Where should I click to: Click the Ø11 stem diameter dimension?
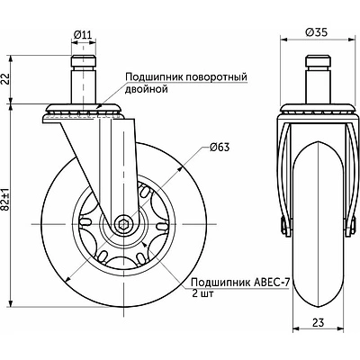(x=83, y=35)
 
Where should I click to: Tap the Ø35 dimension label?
(x=316, y=32)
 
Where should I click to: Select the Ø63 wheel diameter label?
(x=220, y=148)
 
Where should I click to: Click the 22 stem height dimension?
(x=6, y=79)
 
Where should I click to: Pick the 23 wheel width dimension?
(x=319, y=322)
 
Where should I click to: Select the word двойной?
(x=146, y=89)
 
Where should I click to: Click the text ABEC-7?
(x=272, y=283)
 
